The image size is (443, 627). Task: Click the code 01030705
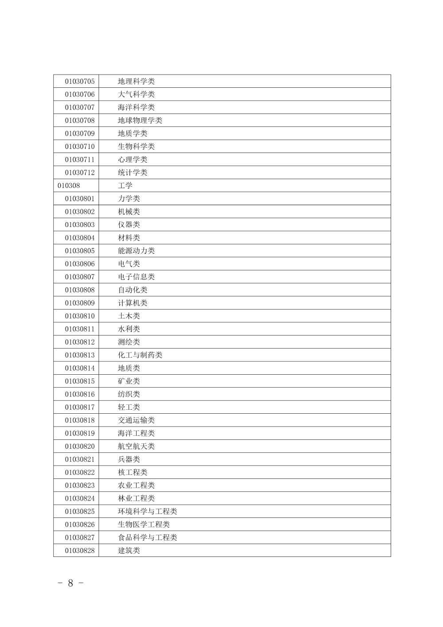click(x=80, y=81)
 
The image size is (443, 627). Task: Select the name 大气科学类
click(x=136, y=94)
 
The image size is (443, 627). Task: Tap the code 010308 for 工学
click(x=69, y=185)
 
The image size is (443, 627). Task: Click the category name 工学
click(x=125, y=185)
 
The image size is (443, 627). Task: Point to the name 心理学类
click(x=133, y=159)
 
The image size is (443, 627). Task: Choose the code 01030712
click(x=80, y=172)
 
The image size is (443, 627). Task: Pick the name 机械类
click(x=129, y=212)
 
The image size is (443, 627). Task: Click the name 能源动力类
click(x=136, y=251)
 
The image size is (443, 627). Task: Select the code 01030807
click(x=80, y=277)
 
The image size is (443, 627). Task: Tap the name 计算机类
click(x=133, y=303)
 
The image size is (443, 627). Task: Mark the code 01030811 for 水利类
click(x=80, y=329)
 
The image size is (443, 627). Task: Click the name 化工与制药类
click(x=140, y=355)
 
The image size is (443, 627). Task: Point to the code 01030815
click(x=80, y=381)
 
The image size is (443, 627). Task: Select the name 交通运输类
click(x=136, y=420)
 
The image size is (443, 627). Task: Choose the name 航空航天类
click(x=136, y=446)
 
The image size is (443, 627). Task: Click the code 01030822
click(x=80, y=472)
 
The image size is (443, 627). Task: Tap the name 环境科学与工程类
click(x=147, y=511)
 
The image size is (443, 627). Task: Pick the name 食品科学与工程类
click(x=147, y=537)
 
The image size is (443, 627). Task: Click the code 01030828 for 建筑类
click(x=80, y=550)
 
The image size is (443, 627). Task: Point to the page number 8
click(x=71, y=583)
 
